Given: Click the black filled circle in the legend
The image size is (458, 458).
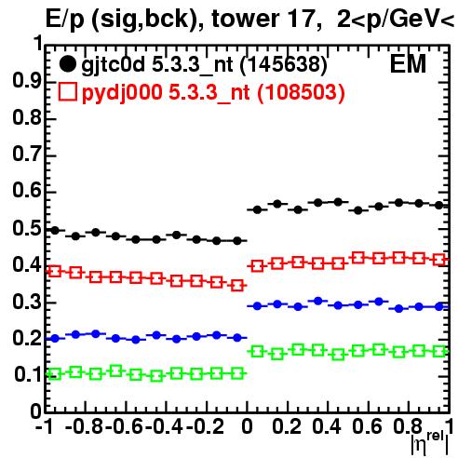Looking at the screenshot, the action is pos(67,64).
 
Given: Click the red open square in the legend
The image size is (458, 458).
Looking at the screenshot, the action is pos(67,91).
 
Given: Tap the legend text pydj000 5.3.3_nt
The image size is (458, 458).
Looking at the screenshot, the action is pos(166,93).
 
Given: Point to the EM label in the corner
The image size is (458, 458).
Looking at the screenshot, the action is pos(408,64).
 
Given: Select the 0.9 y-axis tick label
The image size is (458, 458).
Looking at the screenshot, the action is pos(27,81).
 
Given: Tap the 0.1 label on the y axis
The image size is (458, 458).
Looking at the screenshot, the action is pos(28,374).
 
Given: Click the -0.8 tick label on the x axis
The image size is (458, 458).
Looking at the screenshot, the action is pos(85,426).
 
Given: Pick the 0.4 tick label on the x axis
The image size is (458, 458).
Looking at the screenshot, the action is pos(327,426).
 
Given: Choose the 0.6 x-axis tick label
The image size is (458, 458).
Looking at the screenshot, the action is pos(367,426).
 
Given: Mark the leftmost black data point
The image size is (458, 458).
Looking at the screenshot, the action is pos(55,231).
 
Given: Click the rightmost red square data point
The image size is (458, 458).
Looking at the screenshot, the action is pos(439,260).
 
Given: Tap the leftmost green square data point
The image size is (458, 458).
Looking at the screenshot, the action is pos(54,374).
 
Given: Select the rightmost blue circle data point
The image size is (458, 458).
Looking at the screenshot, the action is pos(439,307).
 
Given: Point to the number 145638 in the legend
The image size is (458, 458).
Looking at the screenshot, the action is pos(284,65).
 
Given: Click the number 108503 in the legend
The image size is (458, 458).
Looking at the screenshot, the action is pos(301,92).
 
